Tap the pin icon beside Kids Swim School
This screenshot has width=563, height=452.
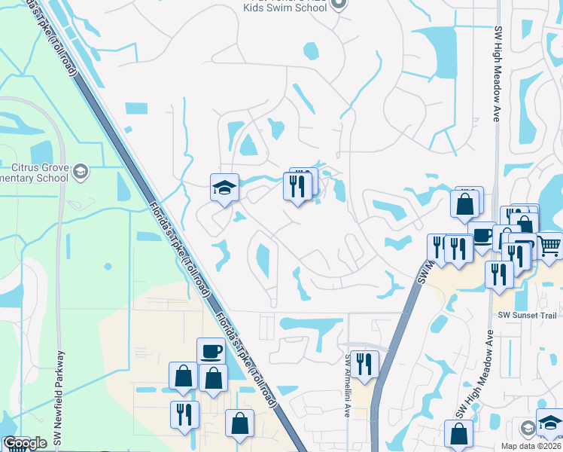point(339,6)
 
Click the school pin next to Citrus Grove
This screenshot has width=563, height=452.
point(82,173)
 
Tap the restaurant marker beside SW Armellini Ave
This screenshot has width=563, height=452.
point(365,364)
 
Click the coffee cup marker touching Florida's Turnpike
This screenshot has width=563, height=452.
point(211,351)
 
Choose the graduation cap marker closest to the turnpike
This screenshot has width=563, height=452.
point(224,187)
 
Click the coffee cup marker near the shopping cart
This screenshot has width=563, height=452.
point(481,234)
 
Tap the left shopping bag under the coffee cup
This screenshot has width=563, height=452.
point(183,375)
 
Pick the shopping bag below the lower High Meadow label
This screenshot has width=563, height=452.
point(458,435)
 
